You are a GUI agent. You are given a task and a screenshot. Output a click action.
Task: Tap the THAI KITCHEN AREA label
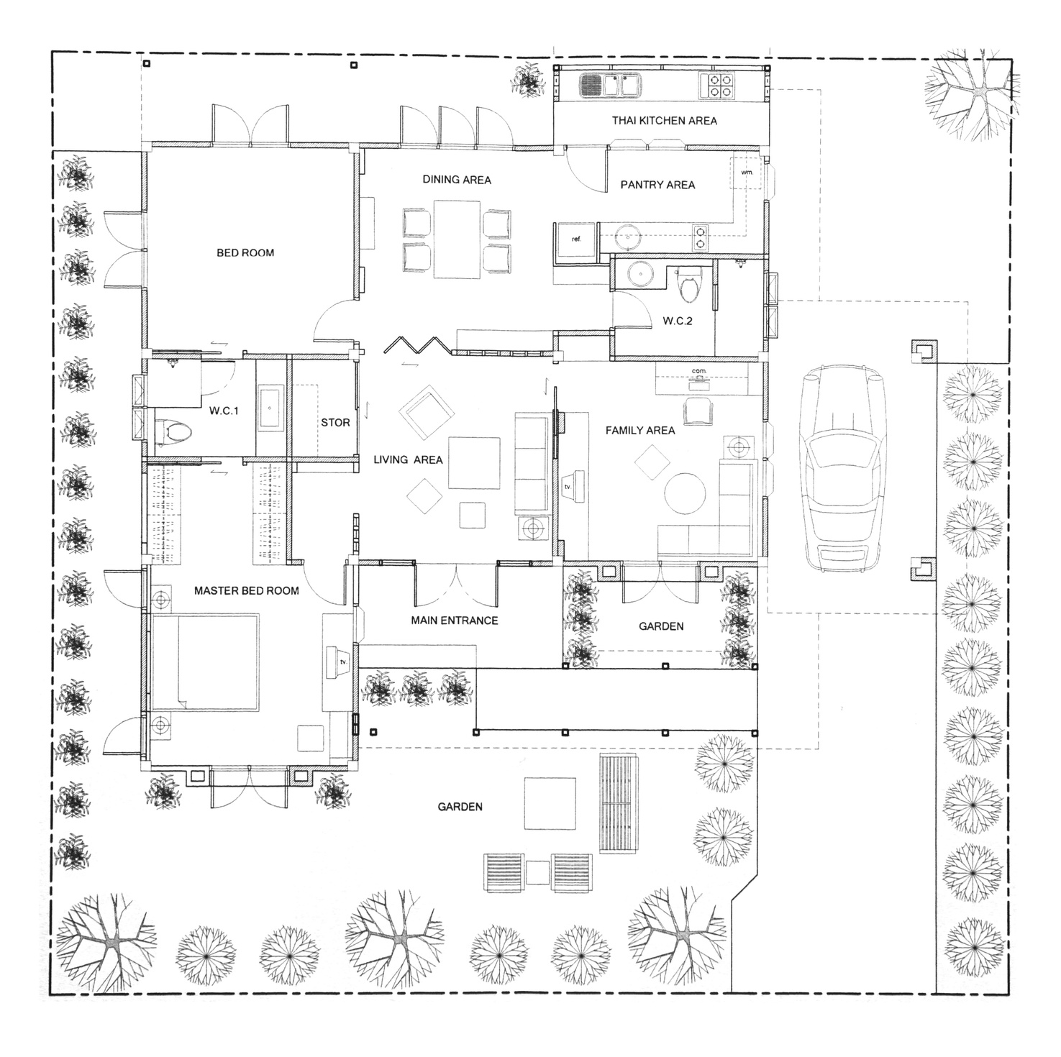[x=664, y=121]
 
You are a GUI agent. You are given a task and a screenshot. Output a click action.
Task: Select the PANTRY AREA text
[x=657, y=185]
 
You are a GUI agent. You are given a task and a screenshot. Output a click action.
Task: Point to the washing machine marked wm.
[x=747, y=173]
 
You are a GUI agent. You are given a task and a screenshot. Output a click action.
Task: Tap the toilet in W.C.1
[x=174, y=432]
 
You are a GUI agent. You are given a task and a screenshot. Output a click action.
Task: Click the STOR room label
[x=335, y=423]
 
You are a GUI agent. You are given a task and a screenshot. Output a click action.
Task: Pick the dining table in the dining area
[x=457, y=239]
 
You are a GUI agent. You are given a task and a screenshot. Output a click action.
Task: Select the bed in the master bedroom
[x=205, y=662]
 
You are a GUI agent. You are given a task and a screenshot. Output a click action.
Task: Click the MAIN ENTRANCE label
[x=454, y=621]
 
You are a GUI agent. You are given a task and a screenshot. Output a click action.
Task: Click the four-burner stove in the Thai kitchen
[x=717, y=86]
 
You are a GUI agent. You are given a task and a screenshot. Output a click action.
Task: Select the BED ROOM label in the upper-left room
[x=245, y=253]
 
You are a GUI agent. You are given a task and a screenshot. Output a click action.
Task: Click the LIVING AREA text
[x=408, y=460]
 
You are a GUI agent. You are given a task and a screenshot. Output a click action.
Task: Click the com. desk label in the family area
[x=698, y=371]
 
